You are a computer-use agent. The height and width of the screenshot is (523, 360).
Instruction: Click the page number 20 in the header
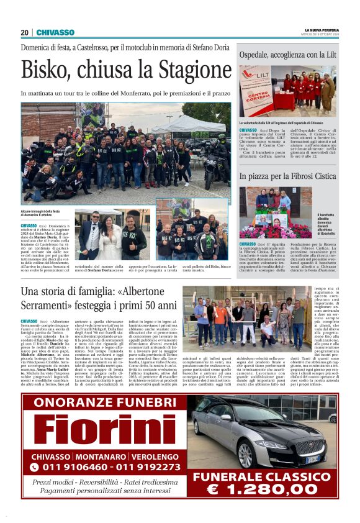coord(24,32)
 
